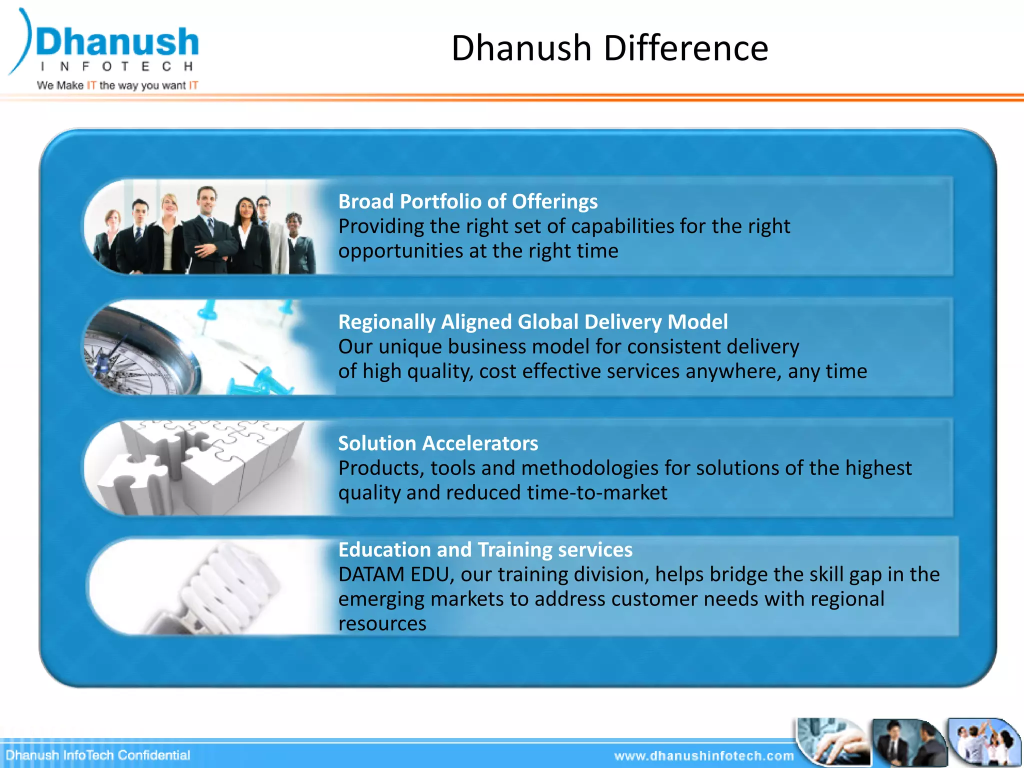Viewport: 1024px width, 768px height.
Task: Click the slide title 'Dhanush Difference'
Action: tap(609, 48)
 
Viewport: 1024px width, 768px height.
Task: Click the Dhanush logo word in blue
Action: tap(117, 42)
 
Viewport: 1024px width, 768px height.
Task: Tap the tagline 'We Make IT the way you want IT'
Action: tap(117, 85)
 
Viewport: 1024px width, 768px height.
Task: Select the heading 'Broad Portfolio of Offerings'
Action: tap(467, 201)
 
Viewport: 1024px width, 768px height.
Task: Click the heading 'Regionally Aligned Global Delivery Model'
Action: tap(532, 322)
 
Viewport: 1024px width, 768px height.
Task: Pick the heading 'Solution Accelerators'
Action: tap(438, 443)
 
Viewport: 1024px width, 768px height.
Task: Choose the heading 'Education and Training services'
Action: tap(485, 549)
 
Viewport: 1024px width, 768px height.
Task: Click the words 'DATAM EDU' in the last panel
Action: tap(394, 574)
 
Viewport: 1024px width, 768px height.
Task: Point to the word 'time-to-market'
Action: tap(597, 493)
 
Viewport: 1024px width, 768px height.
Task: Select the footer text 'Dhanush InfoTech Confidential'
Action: tap(98, 755)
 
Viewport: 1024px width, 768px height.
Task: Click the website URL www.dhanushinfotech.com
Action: tap(703, 756)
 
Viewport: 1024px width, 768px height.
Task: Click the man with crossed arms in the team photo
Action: tap(207, 230)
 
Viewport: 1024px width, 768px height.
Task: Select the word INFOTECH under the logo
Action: tap(117, 66)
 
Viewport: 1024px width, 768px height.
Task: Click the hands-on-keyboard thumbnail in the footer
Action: tap(832, 742)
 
